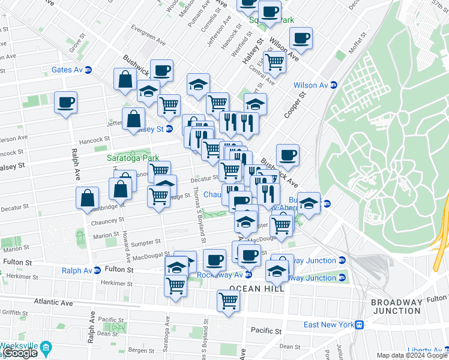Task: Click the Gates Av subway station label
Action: click(67, 70)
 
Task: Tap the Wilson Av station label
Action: click(310, 85)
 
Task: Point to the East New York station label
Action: click(328, 325)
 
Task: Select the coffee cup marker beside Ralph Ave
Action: click(66, 102)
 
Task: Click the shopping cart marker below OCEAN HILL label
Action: click(228, 301)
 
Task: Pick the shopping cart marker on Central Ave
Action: click(274, 61)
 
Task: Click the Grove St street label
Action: click(75, 44)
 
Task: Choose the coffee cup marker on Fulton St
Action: click(214, 260)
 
